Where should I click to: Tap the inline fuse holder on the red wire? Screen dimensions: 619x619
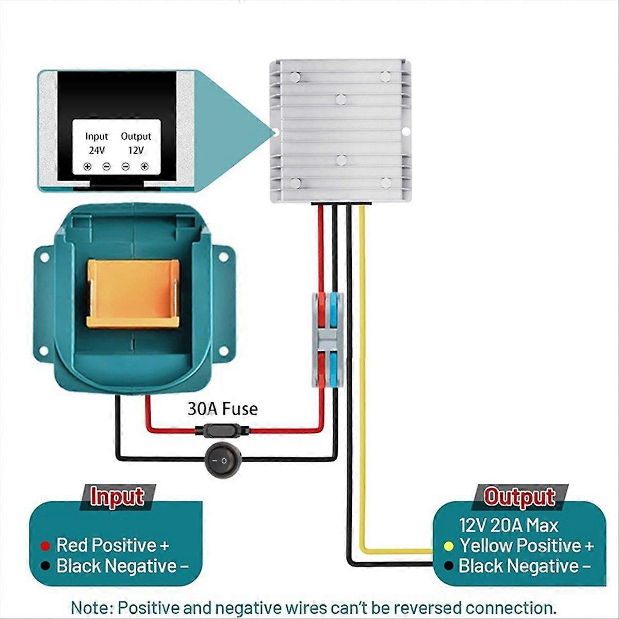click(x=222, y=430)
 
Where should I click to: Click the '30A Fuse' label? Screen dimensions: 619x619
click(x=222, y=409)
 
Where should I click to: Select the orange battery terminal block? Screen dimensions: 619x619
click(x=133, y=294)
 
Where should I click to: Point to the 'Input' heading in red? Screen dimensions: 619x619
click(x=117, y=497)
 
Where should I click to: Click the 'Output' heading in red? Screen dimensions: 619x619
click(x=519, y=497)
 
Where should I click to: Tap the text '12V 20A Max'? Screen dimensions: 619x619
click(x=509, y=526)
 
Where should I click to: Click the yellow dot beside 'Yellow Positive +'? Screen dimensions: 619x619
click(x=449, y=546)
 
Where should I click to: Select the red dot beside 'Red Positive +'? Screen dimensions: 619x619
click(x=45, y=546)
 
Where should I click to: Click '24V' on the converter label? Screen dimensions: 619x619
click(x=96, y=151)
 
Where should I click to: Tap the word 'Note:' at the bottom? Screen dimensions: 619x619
click(x=92, y=607)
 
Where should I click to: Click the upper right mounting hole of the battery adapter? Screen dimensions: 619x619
click(x=224, y=256)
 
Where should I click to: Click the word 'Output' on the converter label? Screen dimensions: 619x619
click(x=136, y=136)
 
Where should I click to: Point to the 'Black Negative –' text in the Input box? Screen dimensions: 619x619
click(x=123, y=566)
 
